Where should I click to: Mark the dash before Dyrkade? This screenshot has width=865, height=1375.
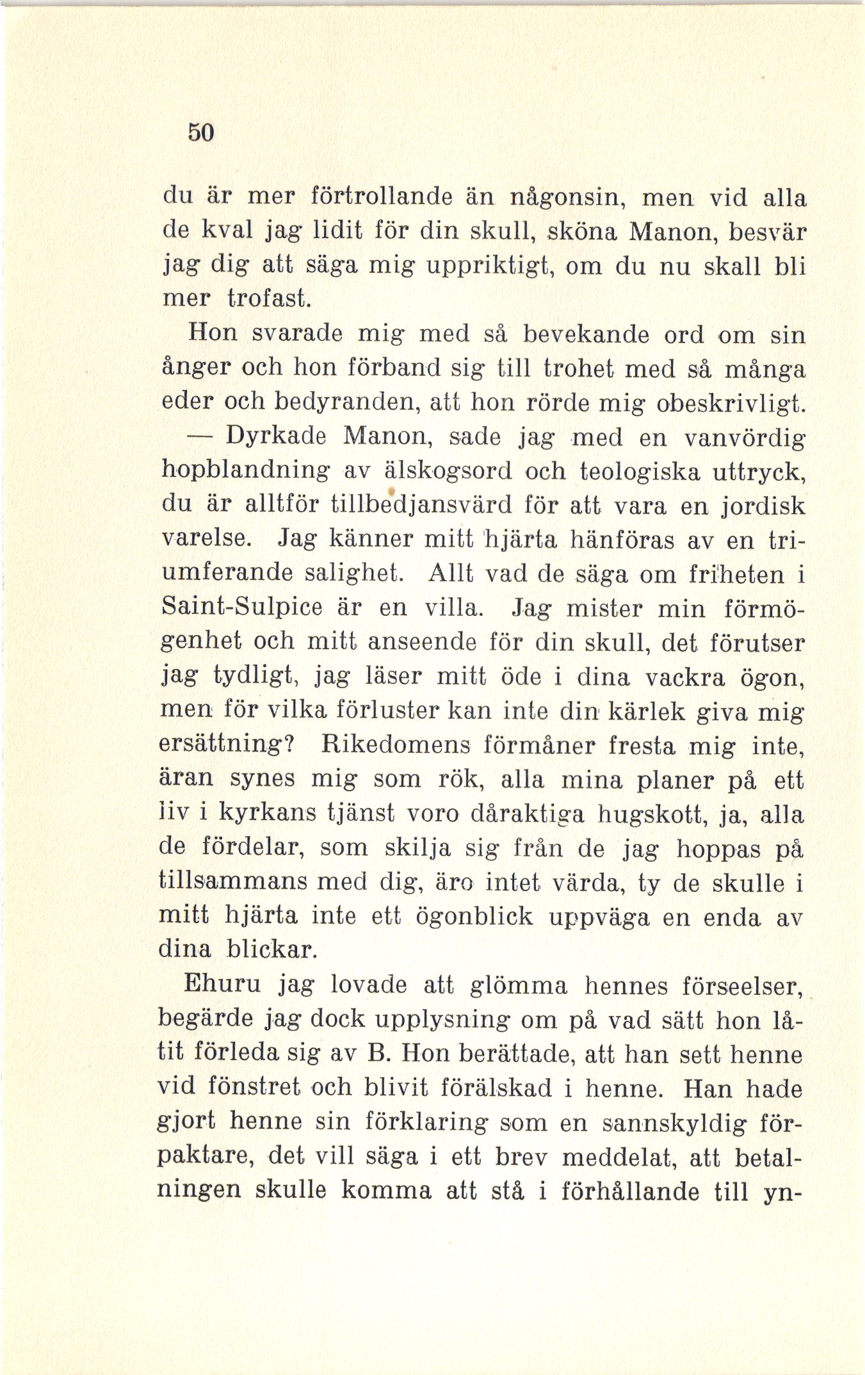pyautogui.click(x=202, y=437)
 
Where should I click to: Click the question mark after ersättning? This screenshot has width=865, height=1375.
pyautogui.click(x=287, y=745)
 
